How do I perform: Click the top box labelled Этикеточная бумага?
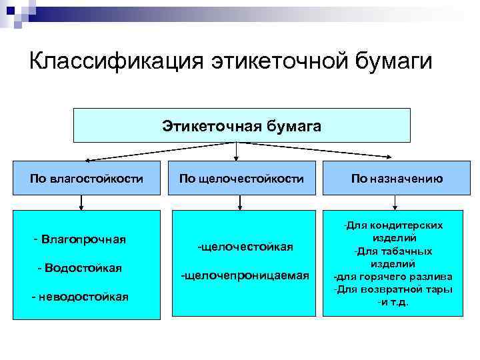pyautogui.click(x=241, y=125)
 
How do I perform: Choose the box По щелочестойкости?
pyautogui.click(x=241, y=178)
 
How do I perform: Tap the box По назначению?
pyautogui.click(x=397, y=178)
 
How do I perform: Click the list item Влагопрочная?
pyautogui.click(x=83, y=238)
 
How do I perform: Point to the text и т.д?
pyautogui.click(x=393, y=302)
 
